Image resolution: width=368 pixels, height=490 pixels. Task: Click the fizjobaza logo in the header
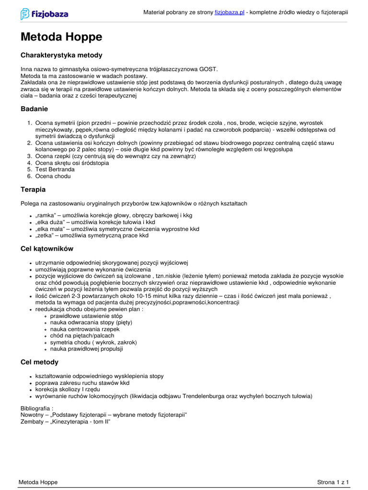(x=44, y=14)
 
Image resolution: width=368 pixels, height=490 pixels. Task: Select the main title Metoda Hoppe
(x=61, y=37)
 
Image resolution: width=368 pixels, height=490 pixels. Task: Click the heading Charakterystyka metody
(x=61, y=56)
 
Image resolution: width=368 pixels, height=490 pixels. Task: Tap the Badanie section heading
(x=34, y=109)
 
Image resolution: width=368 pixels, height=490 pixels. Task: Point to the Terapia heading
(x=33, y=189)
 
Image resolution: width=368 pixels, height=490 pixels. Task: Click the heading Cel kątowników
(x=47, y=249)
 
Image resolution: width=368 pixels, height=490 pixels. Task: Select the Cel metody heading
(x=39, y=362)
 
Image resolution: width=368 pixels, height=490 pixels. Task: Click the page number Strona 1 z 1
(x=333, y=481)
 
